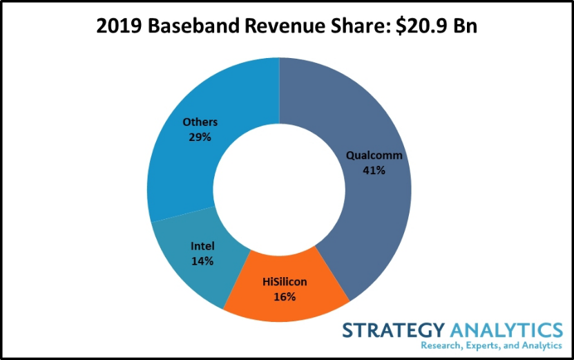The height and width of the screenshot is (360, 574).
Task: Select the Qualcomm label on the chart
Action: [x=374, y=155]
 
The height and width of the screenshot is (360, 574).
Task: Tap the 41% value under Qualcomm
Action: [x=374, y=170]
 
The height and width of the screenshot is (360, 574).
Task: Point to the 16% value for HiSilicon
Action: [x=285, y=296]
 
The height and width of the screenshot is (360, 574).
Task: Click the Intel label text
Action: [x=202, y=246]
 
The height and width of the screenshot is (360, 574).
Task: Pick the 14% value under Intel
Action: [x=202, y=260]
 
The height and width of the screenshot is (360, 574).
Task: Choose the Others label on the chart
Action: [x=200, y=122]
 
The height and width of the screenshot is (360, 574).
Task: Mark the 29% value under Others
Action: [x=200, y=137]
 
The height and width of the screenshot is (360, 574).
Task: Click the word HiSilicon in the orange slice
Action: [x=285, y=282]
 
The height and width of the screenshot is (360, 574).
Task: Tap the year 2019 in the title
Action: [x=119, y=26]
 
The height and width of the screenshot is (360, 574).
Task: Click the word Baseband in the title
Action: [x=193, y=26]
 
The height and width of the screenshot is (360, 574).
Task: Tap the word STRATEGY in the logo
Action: [x=394, y=330]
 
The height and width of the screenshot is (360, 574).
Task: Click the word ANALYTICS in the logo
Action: [x=506, y=330]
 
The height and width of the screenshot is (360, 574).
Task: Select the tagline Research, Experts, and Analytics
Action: [x=491, y=345]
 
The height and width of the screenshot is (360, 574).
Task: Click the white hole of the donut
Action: [x=279, y=190]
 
